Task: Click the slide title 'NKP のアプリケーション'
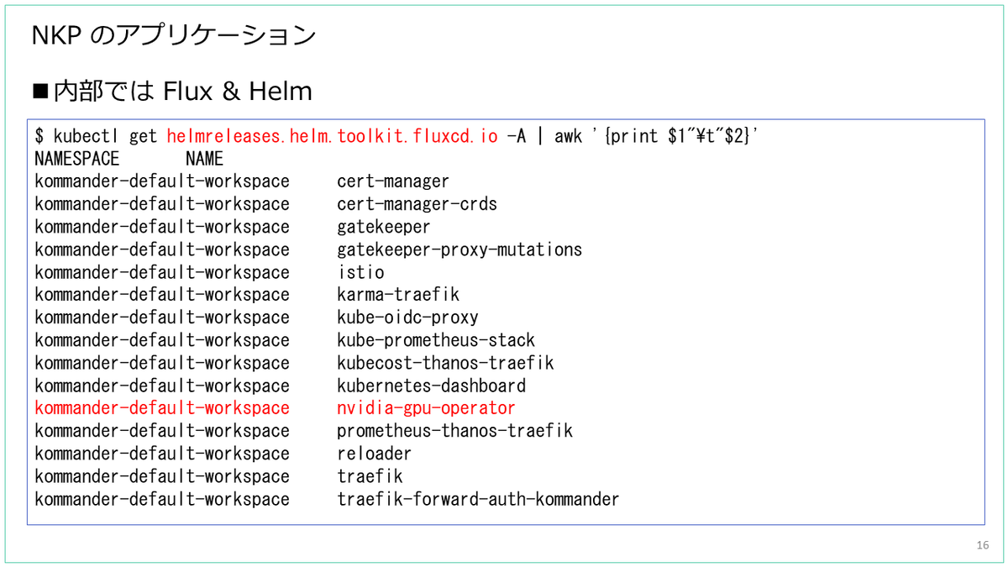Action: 173,35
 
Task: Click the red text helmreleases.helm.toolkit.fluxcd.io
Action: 332,136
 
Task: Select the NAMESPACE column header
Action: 77,159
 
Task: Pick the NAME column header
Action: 204,159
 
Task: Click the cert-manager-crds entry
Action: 417,204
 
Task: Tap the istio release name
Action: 360,272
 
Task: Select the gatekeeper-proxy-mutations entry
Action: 459,249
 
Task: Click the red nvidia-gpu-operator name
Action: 426,408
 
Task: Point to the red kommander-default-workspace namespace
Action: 162,408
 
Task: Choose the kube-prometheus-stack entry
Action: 436,340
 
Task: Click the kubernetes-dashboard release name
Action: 431,386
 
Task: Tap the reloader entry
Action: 374,454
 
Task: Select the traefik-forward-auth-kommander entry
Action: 478,499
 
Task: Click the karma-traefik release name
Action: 398,295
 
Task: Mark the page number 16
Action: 983,546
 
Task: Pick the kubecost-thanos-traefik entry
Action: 445,363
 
